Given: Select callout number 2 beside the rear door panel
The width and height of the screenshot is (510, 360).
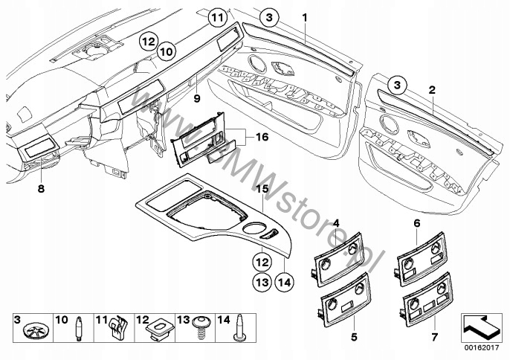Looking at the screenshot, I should click(x=432, y=89).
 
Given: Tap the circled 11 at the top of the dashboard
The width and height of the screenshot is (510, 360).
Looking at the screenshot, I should click(x=216, y=16).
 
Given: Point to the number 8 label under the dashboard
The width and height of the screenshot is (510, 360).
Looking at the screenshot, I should click(x=40, y=190).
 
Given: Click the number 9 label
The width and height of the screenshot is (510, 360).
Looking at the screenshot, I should click(x=197, y=97).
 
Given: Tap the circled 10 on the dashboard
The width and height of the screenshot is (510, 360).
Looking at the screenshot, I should click(x=166, y=51).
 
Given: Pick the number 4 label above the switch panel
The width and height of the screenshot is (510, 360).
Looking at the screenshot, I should click(x=336, y=222).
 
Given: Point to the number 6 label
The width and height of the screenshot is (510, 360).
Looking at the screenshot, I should click(x=416, y=222).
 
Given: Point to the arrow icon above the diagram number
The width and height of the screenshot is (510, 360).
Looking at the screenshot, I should click(x=482, y=324).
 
